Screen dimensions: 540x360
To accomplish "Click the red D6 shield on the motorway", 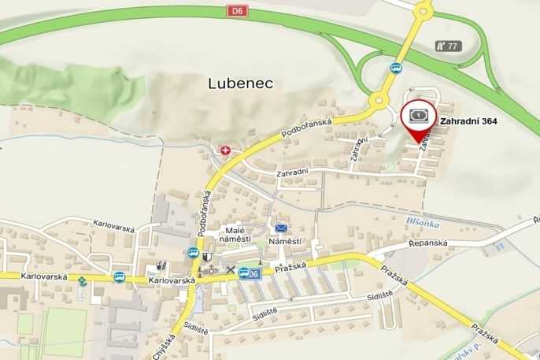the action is tap(238, 10).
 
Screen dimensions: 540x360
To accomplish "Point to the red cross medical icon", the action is tap(227, 150).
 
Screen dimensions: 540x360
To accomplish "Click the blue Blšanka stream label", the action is tap(423, 223).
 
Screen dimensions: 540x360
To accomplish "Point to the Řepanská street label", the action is tap(428, 243).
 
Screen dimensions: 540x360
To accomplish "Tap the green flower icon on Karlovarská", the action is tap(83, 280).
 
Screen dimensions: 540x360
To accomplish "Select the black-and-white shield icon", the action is tap(206, 256).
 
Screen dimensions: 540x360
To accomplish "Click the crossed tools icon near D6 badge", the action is tap(230, 271).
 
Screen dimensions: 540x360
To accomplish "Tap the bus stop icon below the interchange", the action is tap(396, 68).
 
